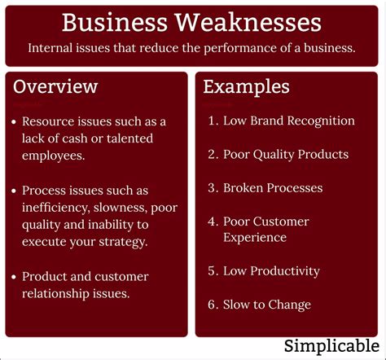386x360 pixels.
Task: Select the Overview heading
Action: (x=55, y=86)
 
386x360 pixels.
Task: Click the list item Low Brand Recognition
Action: (x=288, y=121)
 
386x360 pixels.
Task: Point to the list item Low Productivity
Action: (x=271, y=271)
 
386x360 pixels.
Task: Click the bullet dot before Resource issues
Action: (x=15, y=121)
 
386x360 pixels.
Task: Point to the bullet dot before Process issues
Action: (x=15, y=191)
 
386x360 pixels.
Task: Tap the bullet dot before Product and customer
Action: (x=15, y=277)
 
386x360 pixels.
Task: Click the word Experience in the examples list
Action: (x=255, y=238)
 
